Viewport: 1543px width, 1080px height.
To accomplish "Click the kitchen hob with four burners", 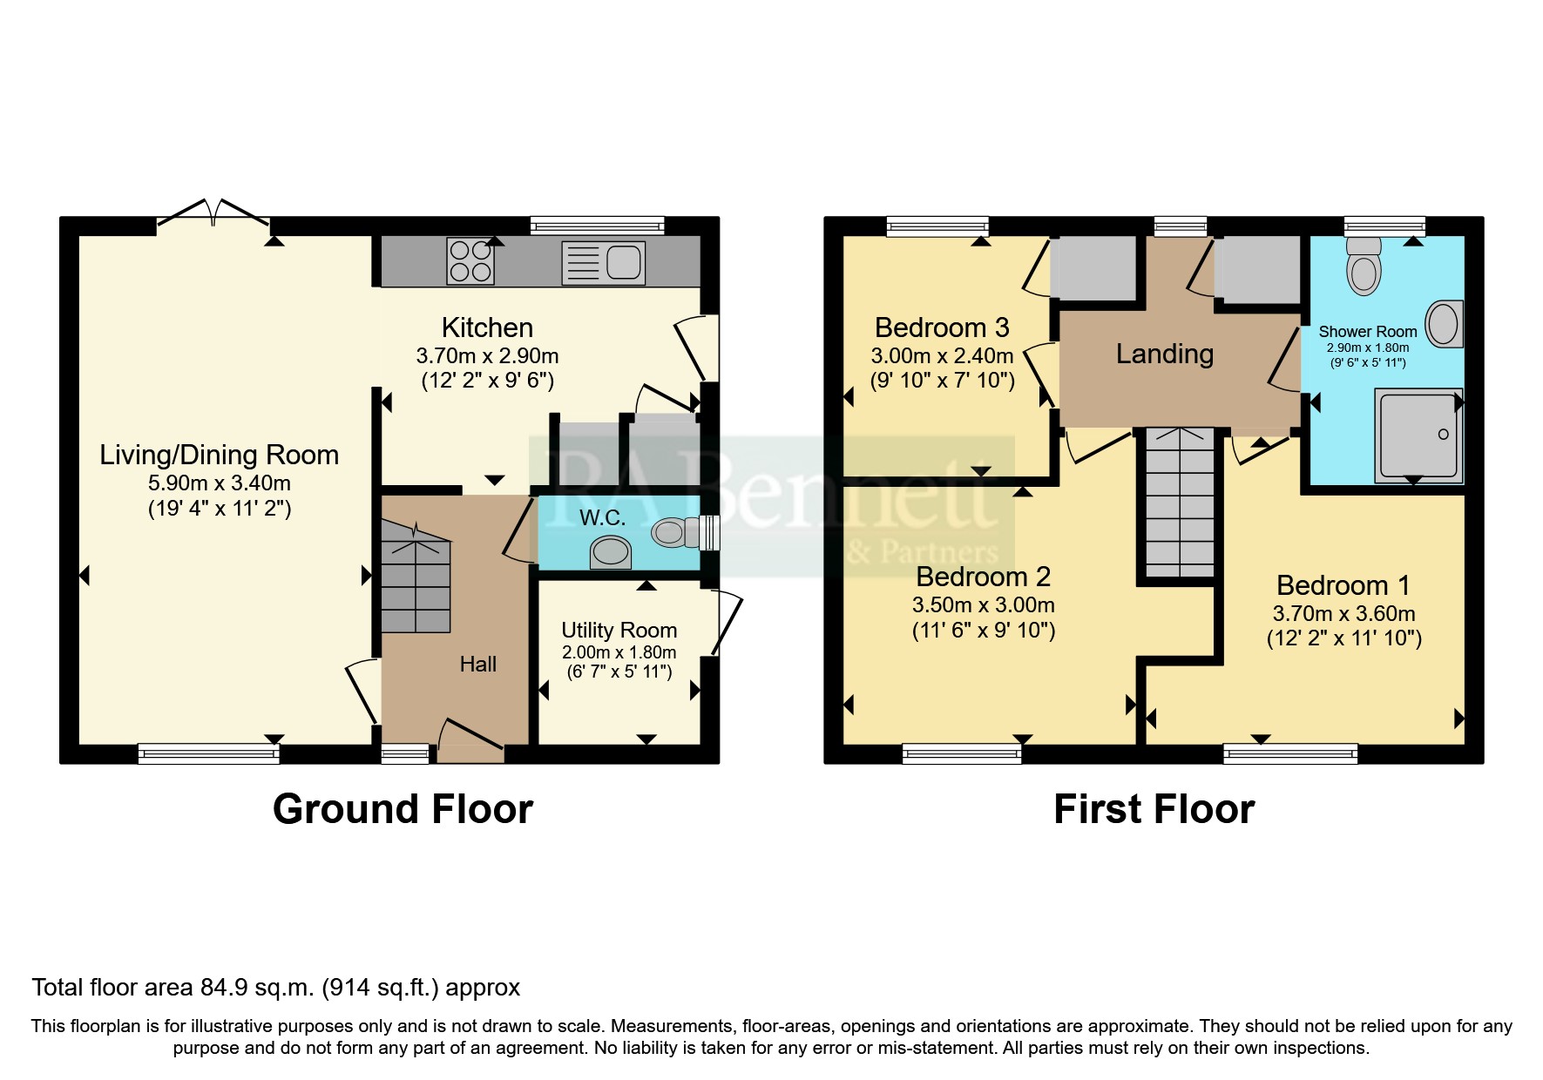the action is (470, 262).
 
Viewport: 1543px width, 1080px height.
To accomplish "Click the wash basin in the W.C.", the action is (610, 551).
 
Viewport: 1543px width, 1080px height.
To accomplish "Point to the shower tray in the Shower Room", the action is (1418, 435).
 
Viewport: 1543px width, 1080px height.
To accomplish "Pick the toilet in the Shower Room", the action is (1364, 266).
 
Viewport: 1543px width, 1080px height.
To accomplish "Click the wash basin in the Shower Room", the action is (1445, 324).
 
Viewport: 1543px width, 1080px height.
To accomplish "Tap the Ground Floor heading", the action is (403, 809).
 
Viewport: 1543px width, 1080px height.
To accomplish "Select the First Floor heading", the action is (1154, 809).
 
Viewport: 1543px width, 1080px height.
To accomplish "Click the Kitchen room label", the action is (487, 327).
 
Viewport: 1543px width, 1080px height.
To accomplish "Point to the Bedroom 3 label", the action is (942, 327).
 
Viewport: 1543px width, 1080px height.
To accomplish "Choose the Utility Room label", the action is (619, 630).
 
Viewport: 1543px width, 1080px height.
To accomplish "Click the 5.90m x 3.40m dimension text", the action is (220, 483).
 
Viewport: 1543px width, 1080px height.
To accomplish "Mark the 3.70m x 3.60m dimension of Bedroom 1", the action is (1343, 613).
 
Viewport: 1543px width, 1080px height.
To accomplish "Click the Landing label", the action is (1165, 354).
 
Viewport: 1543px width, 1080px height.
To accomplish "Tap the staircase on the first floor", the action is (1180, 502).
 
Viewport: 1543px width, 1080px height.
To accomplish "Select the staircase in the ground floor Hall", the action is (416, 576).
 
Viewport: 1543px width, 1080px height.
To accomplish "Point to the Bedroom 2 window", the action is (962, 753).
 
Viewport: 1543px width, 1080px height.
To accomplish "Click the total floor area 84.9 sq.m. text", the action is (276, 988).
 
